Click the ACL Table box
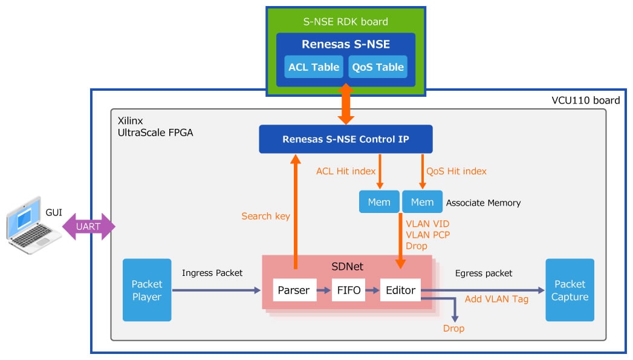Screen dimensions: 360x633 [x=314, y=67]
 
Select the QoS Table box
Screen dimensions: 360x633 [x=378, y=67]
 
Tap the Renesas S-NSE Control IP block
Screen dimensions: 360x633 [x=345, y=139]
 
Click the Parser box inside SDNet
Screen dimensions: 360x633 [x=293, y=290]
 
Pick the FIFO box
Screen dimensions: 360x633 [x=349, y=290]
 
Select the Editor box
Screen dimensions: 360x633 [x=400, y=290]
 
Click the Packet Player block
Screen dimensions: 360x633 [x=147, y=290]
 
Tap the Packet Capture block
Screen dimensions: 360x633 [x=570, y=290]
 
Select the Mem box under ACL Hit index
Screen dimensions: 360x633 [x=379, y=202]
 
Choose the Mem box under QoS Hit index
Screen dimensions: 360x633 [x=422, y=202]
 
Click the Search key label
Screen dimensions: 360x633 [x=265, y=216]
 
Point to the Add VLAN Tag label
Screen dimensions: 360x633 [x=496, y=299]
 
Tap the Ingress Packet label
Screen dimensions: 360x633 [x=212, y=273]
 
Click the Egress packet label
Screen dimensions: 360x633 [x=484, y=273]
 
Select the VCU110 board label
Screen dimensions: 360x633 [x=585, y=100]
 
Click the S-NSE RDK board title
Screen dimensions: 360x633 [x=345, y=22]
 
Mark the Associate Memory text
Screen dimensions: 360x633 [x=483, y=203]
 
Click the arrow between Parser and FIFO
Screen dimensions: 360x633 [x=324, y=290]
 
